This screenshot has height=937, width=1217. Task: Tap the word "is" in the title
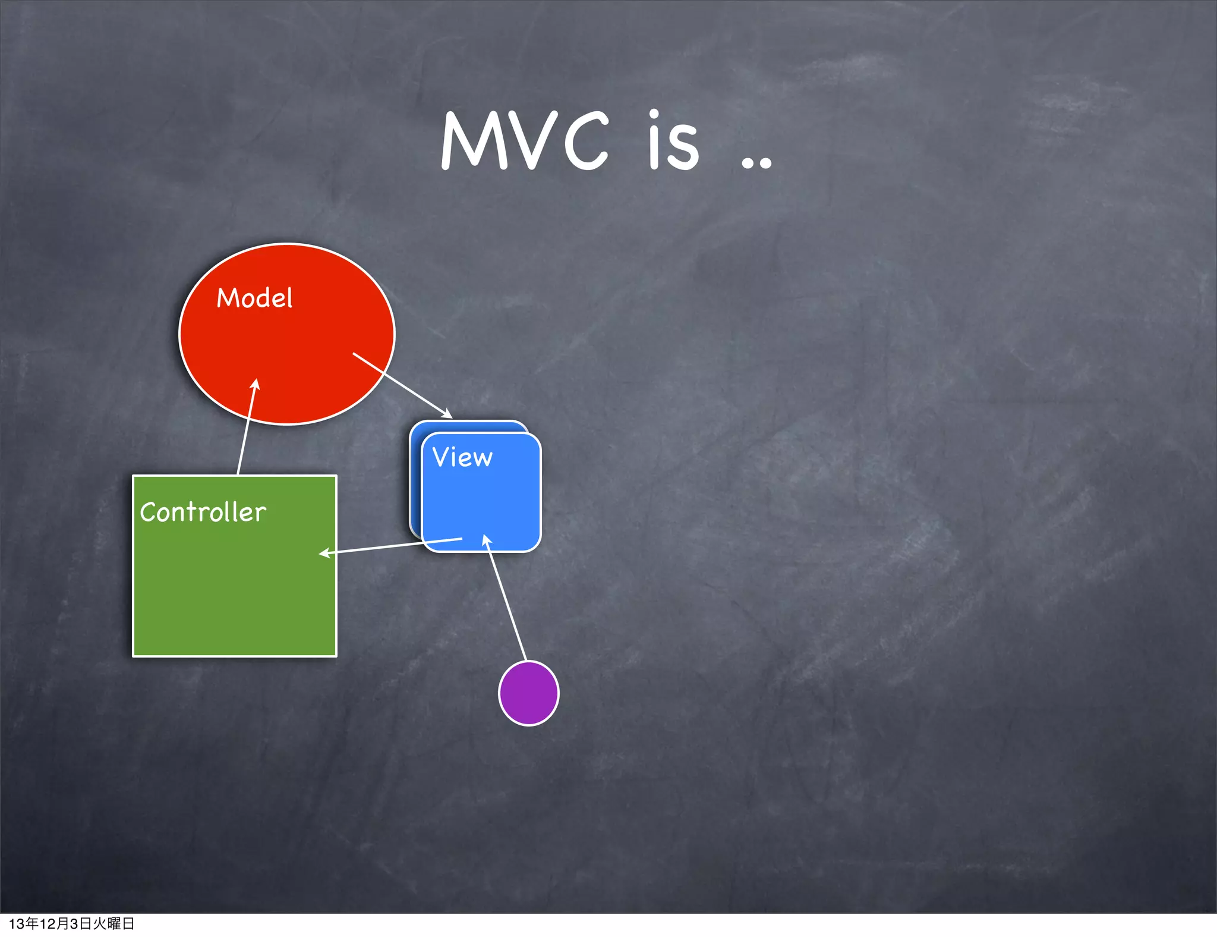pyautogui.click(x=673, y=142)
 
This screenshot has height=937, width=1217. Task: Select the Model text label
pyautogui.click(x=254, y=298)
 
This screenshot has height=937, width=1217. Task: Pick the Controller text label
pyautogui.click(x=203, y=512)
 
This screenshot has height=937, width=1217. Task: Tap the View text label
pyautogui.click(x=462, y=457)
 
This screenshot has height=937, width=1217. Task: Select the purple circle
pyautogui.click(x=528, y=693)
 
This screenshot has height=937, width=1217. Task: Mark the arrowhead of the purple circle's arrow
pyautogui.click(x=486, y=539)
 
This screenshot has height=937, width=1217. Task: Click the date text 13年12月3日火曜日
pyautogui.click(x=71, y=923)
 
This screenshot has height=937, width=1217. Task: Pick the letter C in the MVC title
pyautogui.click(x=586, y=142)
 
